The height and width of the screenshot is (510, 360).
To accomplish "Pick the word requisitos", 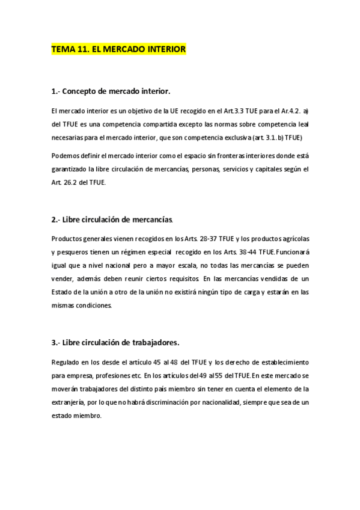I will tap(179, 280).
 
